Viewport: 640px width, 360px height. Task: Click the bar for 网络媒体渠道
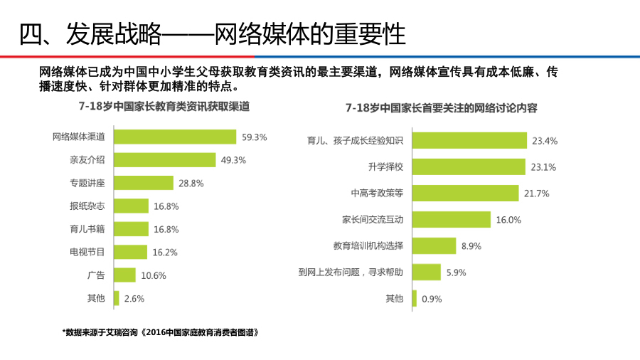pyautogui.click(x=174, y=137)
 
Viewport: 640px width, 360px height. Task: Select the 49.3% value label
pyautogui.click(x=233, y=160)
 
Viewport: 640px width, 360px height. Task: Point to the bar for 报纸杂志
pyautogui.click(x=131, y=206)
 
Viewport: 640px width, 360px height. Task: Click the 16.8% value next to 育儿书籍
pyautogui.click(x=166, y=229)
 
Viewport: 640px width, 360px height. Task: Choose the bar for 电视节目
pyautogui.click(x=130, y=252)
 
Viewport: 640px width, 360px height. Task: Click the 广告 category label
pyautogui.click(x=96, y=275)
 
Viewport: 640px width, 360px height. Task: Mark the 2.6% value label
pyautogui.click(x=134, y=299)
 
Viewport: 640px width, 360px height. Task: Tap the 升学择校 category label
pyautogui.click(x=385, y=167)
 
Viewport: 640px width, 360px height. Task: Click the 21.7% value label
pyautogui.click(x=536, y=194)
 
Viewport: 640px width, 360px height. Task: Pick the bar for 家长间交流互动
pyautogui.click(x=451, y=219)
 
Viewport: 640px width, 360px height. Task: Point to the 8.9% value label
pyautogui.click(x=471, y=245)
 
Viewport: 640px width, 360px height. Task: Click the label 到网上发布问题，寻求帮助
pyautogui.click(x=351, y=272)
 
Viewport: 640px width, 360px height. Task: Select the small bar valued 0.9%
pyautogui.click(x=414, y=298)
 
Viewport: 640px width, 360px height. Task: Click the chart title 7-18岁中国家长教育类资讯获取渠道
pyautogui.click(x=164, y=107)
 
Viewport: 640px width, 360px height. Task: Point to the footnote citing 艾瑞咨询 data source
pyautogui.click(x=160, y=332)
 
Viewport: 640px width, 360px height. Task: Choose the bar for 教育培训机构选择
pyautogui.click(x=434, y=245)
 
